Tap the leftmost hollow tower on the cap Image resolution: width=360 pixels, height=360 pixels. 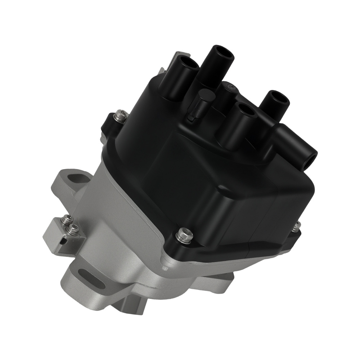(189, 63)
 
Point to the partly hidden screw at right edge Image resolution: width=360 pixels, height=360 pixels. (297, 225)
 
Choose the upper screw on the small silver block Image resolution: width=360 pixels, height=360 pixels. (67, 220)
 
